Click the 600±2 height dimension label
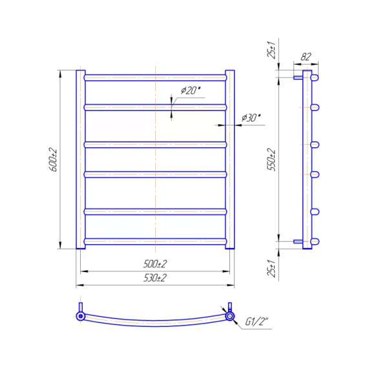coord(54,160)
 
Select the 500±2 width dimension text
coord(155,264)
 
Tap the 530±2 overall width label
coord(155,278)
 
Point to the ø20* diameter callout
coord(191,90)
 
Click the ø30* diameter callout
coord(251,118)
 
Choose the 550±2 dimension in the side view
coord(271,160)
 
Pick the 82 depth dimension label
coord(306,57)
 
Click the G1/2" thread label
coord(257,322)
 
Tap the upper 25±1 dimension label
coord(271,50)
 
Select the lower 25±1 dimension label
coord(271,268)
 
